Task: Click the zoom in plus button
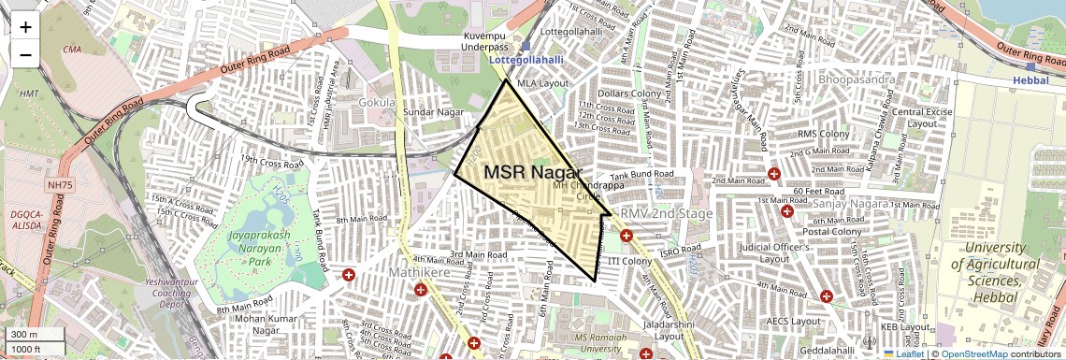click(25, 27)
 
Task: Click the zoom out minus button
click(25, 54)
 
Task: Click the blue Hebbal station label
click(1031, 80)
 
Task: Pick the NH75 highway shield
click(59, 185)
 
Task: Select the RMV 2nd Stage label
click(667, 213)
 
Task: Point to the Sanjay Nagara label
click(848, 203)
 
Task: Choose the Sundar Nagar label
click(434, 112)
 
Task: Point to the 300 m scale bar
click(36, 335)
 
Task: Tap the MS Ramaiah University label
click(612, 342)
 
